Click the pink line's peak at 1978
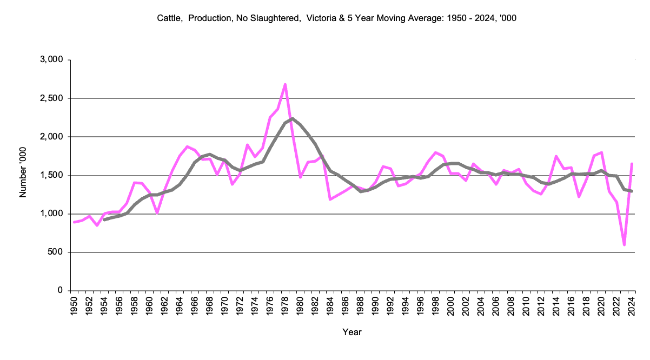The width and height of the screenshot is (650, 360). pyautogui.click(x=285, y=84)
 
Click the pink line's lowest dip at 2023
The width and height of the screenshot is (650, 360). pyautogui.click(x=624, y=245)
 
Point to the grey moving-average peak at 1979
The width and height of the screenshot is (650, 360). pyautogui.click(x=292, y=118)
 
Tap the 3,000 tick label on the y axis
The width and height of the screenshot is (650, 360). pyautogui.click(x=52, y=59)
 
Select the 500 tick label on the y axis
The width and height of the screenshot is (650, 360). pyautogui.click(x=56, y=252)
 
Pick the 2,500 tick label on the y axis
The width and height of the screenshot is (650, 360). pyautogui.click(x=52, y=98)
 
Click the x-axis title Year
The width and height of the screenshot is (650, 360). pyautogui.click(x=352, y=332)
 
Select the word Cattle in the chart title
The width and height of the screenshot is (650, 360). pyautogui.click(x=169, y=18)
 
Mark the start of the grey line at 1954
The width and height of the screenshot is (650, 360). pyautogui.click(x=104, y=219)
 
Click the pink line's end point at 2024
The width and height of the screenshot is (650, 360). pyautogui.click(x=632, y=164)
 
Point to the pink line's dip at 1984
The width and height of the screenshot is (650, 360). pyautogui.click(x=330, y=199)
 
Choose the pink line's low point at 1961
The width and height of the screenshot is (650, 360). pyautogui.click(x=157, y=213)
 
